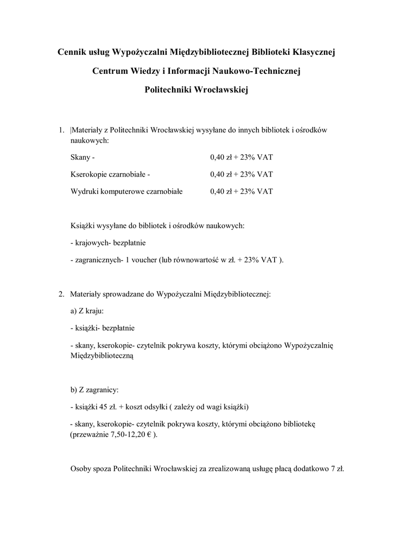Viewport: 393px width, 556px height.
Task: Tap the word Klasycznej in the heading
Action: [x=314, y=52]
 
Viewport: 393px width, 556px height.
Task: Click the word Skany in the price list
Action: [x=80, y=157]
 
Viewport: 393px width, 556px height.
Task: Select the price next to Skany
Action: [x=241, y=157]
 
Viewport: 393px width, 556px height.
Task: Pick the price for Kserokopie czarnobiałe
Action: [x=241, y=174]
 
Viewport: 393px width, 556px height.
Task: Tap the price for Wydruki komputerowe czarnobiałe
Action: [x=241, y=191]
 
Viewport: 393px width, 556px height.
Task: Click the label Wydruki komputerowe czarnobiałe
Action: [x=126, y=191]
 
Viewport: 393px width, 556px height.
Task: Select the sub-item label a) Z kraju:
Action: [x=87, y=311]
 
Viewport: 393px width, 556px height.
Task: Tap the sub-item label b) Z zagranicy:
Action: [x=94, y=390]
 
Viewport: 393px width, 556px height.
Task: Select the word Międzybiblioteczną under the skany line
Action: [x=102, y=356]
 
